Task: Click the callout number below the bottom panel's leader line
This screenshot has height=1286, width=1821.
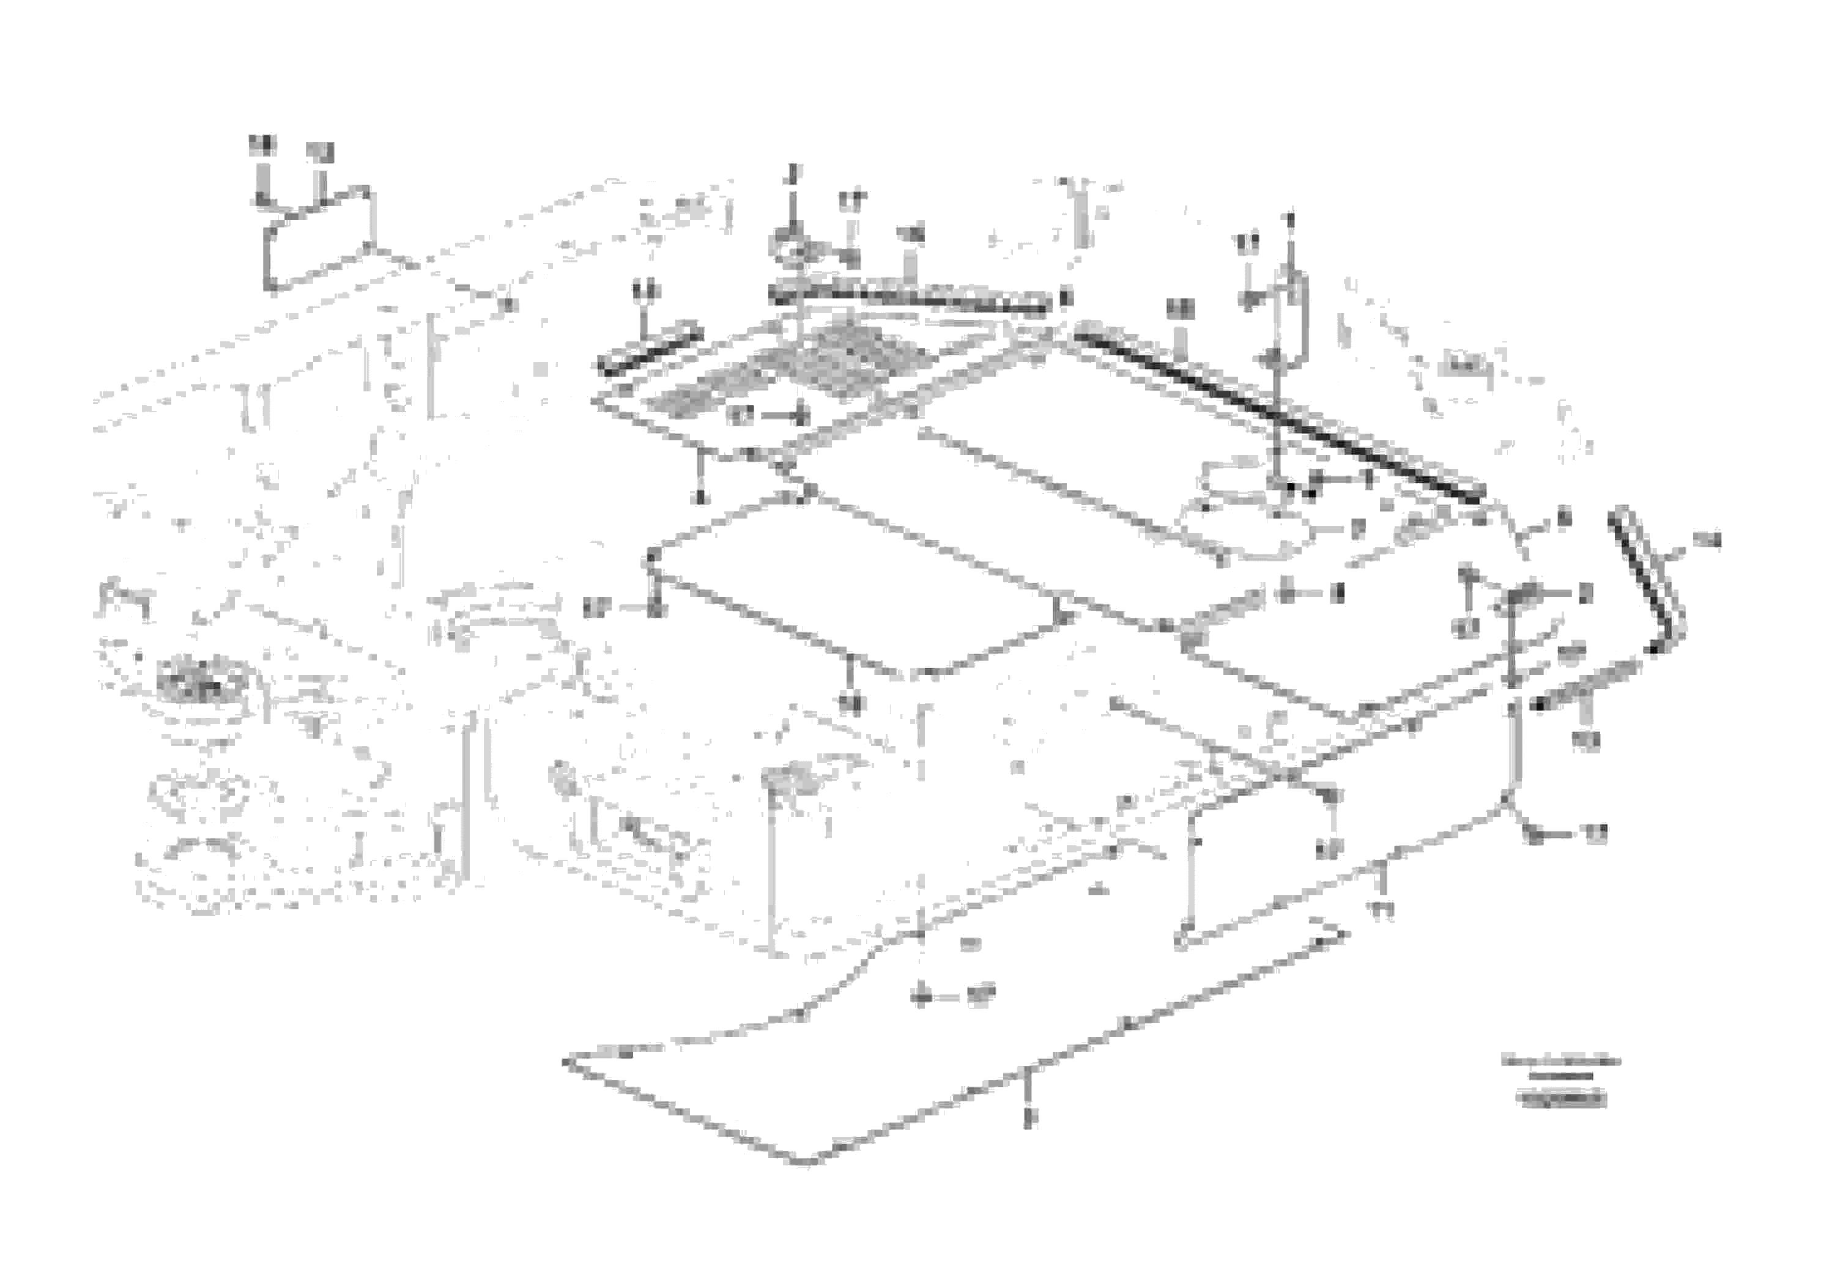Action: click(1029, 1118)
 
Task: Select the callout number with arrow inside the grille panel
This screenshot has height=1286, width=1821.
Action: click(741, 415)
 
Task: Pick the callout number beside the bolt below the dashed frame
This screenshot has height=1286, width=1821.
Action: click(981, 995)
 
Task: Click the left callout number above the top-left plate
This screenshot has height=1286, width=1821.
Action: click(261, 145)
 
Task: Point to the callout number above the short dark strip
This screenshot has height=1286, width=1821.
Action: click(647, 290)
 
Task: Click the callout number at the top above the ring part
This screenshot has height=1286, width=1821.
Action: click(792, 171)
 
